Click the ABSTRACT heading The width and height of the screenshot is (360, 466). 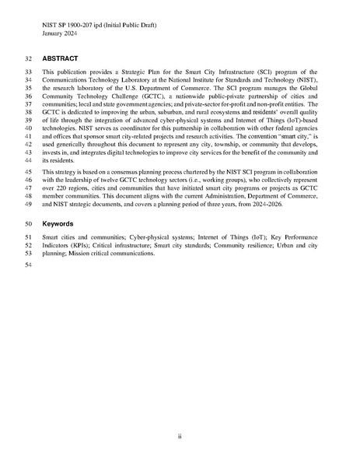coord(60,58)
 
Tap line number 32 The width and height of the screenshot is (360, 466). coord(30,58)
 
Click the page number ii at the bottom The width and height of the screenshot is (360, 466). coord(180,436)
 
